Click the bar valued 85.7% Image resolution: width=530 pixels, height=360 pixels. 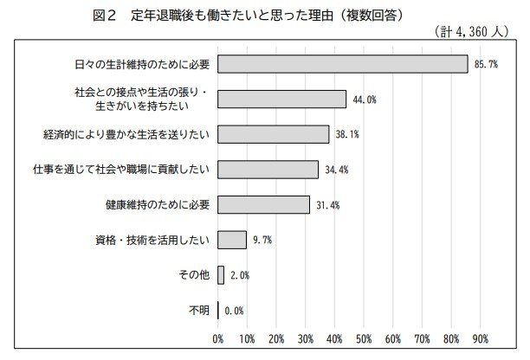coord(342,64)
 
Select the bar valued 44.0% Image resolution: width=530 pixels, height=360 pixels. coord(281,100)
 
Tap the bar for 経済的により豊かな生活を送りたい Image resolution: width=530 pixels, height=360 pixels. coord(273,134)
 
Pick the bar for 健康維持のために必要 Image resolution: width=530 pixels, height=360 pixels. coord(263,204)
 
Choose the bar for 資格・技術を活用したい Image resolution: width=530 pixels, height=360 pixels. coord(232,240)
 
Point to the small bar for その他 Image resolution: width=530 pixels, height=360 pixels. coord(221,275)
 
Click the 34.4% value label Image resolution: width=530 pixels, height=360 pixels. coord(336,170)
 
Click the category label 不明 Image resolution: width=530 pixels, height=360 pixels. coord(198,310)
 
